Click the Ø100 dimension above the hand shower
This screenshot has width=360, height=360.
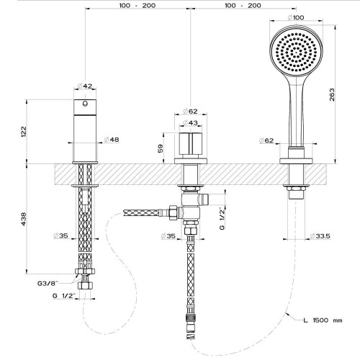click(296, 17)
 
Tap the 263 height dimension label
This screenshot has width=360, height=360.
click(332, 94)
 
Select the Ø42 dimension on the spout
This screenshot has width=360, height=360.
click(85, 86)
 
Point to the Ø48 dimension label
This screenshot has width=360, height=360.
click(112, 140)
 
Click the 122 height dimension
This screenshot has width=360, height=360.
click(24, 132)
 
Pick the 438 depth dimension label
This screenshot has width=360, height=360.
click(24, 219)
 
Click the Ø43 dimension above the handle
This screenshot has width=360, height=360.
click(190, 122)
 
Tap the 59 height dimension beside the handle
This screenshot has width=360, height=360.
click(161, 148)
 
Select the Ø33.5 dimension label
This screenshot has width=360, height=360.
click(320, 236)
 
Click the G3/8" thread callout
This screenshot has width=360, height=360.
click(48, 284)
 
